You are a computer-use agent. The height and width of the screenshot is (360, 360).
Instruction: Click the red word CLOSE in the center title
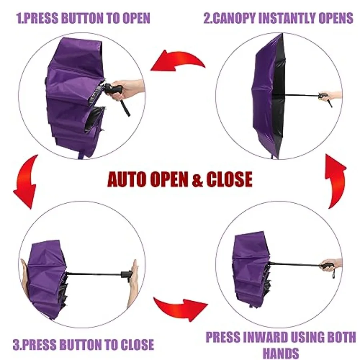pos(229,179)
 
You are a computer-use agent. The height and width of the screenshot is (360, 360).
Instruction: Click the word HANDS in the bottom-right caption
pos(280,353)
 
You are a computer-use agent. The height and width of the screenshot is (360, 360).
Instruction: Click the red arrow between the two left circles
pos(26,181)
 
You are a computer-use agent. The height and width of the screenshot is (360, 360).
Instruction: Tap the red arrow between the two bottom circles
pos(180,309)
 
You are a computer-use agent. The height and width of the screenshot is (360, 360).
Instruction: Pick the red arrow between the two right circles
pos(336,181)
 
